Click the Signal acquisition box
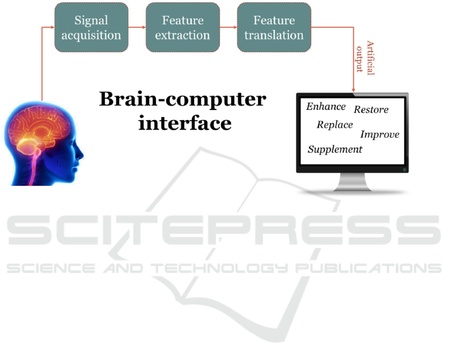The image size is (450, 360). coord(91,27)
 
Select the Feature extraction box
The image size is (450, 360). coord(182,27)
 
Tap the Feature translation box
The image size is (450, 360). coord(274,27)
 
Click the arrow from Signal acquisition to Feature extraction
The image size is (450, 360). coord(137,27)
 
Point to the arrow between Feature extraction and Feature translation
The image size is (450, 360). coord(228,27)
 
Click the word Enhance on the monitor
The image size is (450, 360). coord(326,106)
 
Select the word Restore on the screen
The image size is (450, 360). coord(371,109)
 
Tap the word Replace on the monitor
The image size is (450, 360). coord(335,125)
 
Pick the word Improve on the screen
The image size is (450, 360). coord(380,134)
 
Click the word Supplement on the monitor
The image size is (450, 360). coord(335,149)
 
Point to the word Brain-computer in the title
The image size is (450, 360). coord(182,99)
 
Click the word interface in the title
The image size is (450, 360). coord(185,123)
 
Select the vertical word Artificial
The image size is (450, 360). coord(371,57)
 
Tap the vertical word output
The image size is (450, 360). coord(359,59)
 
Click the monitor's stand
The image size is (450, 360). coord(353,182)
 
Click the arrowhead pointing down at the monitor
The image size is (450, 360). coord(354,90)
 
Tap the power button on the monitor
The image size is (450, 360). coord(405,170)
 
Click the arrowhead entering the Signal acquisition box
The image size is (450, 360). coord(52,27)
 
